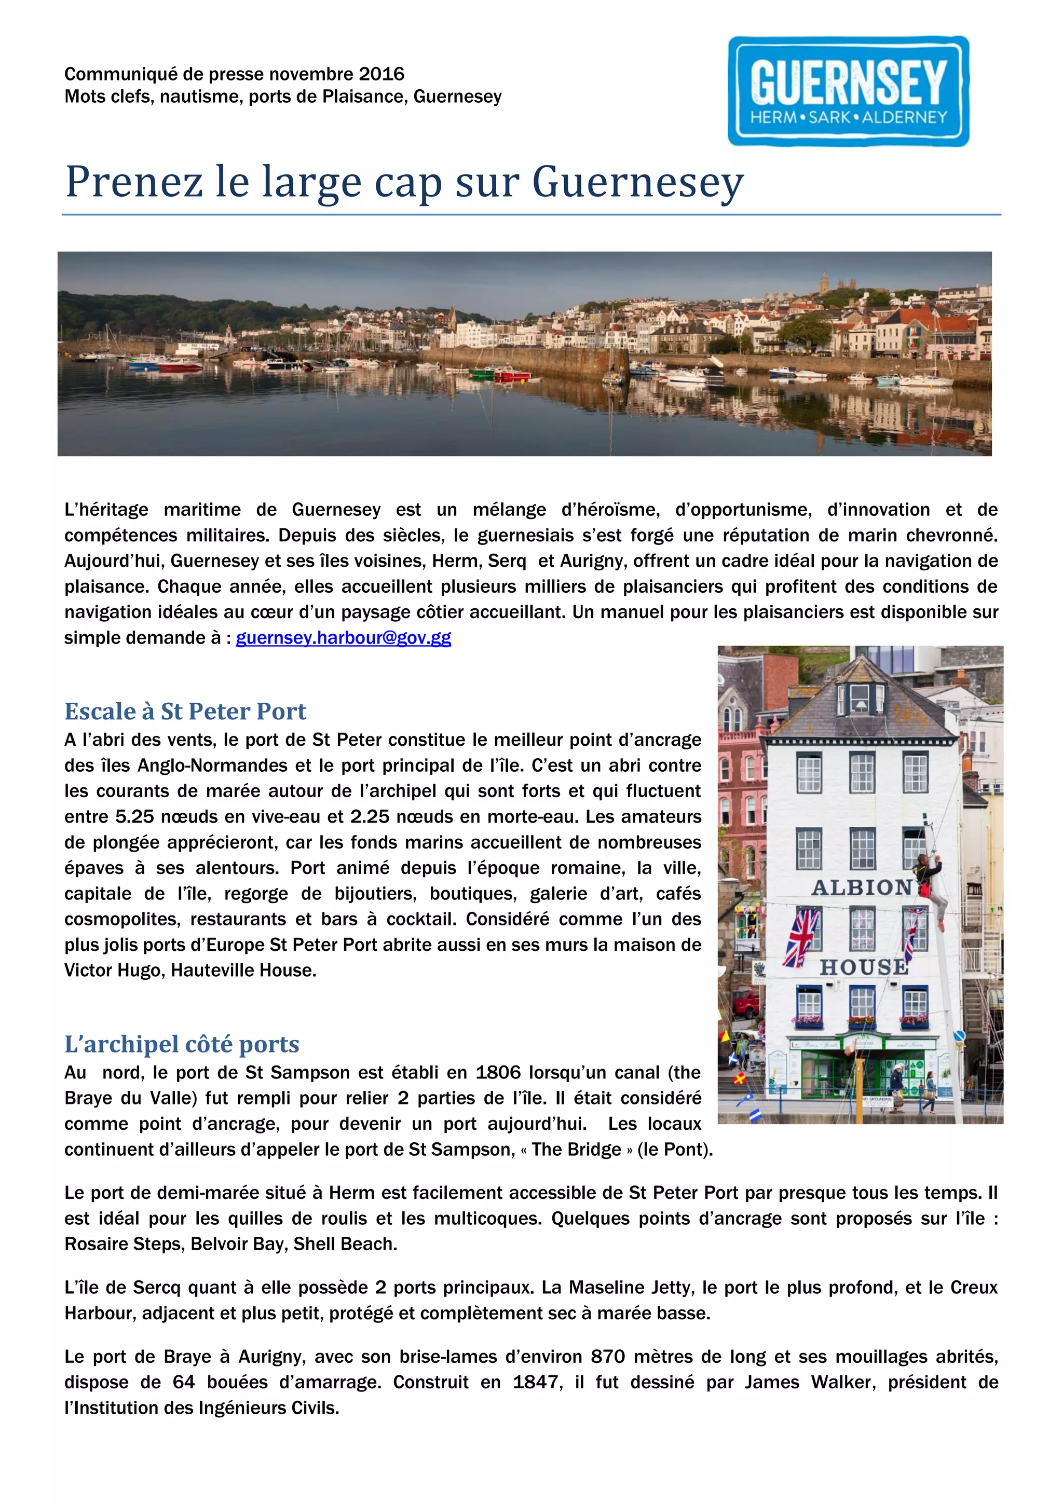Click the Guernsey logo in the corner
(x=848, y=91)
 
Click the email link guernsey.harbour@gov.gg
(x=343, y=638)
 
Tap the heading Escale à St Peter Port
(x=185, y=711)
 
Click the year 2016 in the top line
(x=381, y=74)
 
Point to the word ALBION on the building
(x=862, y=887)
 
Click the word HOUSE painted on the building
(x=863, y=967)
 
